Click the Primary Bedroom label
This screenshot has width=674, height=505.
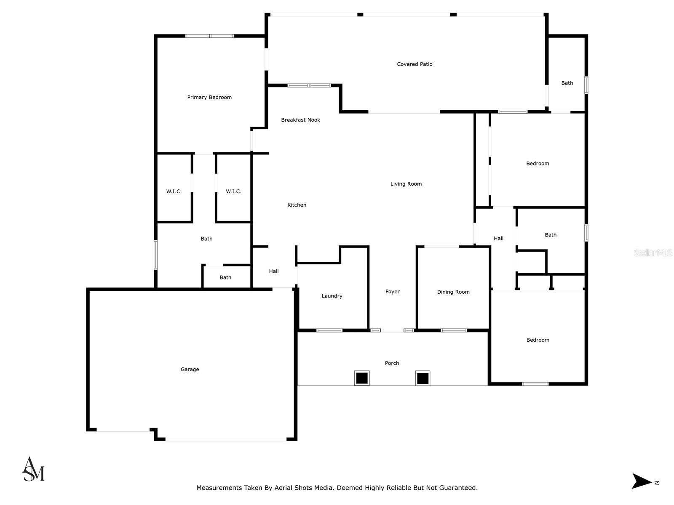209,97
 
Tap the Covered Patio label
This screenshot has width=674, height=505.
415,64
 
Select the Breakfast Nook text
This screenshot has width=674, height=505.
300,120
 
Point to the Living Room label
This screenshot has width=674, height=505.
406,184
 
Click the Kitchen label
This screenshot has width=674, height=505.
297,205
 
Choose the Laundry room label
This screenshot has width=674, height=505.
332,296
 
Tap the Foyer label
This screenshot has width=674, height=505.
392,292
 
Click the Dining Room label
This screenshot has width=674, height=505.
453,292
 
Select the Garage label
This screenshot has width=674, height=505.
190,369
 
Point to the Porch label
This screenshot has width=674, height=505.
392,363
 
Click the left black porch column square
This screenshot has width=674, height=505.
361,378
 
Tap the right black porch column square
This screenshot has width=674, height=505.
423,378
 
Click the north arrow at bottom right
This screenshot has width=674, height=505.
642,481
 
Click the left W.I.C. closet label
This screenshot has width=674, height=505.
174,191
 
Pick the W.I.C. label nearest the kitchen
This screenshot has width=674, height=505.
233,191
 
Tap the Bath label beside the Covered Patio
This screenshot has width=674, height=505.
567,83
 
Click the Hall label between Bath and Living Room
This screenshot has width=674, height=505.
498,239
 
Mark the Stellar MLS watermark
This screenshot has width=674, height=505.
653,253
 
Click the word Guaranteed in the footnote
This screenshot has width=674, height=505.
457,488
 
